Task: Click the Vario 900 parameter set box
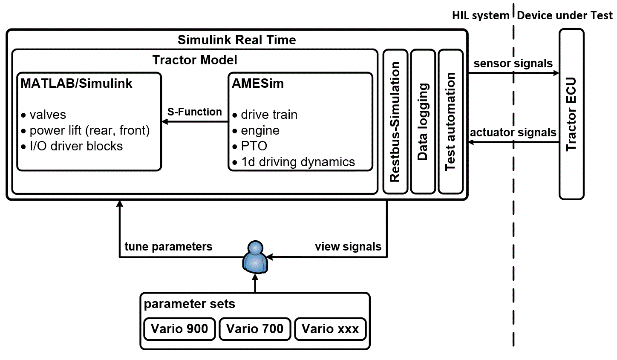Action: tap(179, 329)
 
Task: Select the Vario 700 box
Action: tap(255, 329)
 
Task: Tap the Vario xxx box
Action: tap(330, 329)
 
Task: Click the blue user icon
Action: tap(255, 257)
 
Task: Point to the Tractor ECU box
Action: tap(571, 114)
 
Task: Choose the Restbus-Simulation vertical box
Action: tap(395, 122)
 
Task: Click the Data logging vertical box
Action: tap(423, 122)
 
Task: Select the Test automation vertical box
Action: tap(450, 122)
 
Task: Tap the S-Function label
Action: tap(194, 112)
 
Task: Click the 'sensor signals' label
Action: tap(513, 63)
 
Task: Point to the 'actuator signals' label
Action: tap(513, 132)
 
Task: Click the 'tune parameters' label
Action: tap(168, 247)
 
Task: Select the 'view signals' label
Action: tap(348, 247)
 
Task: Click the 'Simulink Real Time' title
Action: tap(236, 40)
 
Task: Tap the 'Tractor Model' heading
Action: tap(195, 60)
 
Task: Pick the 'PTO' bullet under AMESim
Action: tap(254, 146)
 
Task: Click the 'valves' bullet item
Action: tap(48, 115)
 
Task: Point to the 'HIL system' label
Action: tap(480, 16)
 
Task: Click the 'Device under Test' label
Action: tap(565, 16)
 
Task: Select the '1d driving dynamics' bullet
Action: tap(298, 162)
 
